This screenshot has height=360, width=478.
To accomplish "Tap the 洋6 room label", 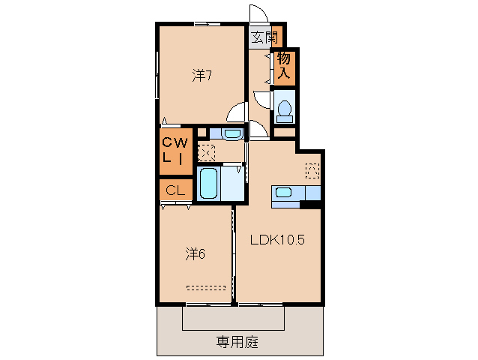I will pos(196,253).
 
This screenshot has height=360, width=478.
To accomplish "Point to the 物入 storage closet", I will pos(285,67).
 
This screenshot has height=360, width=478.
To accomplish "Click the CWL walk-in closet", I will pos(175,150).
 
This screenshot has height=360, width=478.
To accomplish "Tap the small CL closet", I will pos(175,190).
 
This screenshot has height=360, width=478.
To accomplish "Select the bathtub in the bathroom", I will pos(209,183).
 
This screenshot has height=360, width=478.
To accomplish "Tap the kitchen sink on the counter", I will pos(284,192).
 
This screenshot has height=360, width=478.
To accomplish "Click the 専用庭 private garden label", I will pos(238,342).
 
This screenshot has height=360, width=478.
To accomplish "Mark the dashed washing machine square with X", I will pos(206,152).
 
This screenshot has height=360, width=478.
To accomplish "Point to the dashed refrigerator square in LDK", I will pos(312,170).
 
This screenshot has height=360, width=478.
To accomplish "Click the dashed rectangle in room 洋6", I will pos(207,286).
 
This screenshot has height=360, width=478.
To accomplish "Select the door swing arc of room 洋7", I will pos(236,112).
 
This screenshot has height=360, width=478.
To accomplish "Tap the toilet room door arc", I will pos(262,98).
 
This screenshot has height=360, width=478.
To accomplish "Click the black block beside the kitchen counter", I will pos(311,204).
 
